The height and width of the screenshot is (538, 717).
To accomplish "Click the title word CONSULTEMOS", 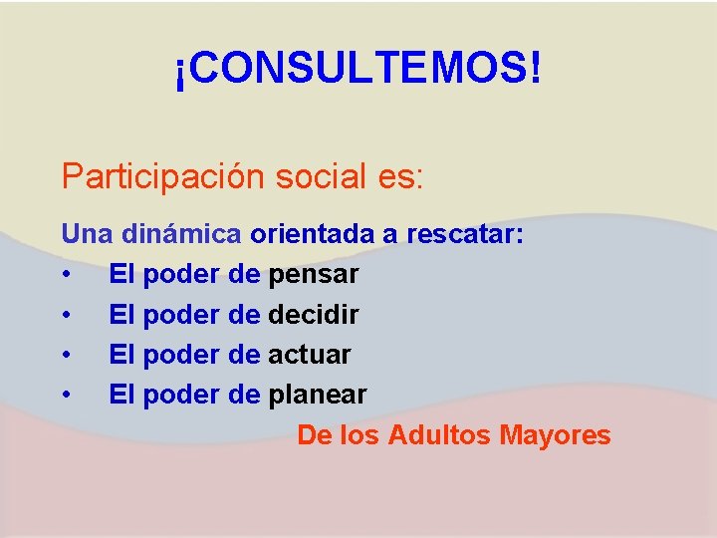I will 358,69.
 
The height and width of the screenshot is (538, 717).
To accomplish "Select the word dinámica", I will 181,235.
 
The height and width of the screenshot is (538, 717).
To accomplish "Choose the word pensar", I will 314,274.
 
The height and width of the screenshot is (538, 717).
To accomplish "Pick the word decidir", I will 314,315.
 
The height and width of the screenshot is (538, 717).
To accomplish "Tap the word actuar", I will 310,355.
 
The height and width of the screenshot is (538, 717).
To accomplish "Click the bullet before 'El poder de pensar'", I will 66,275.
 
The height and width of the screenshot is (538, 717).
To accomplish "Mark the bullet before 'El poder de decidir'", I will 66,316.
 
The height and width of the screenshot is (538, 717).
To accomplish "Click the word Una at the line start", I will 87,235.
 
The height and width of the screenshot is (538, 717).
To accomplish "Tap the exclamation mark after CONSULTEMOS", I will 537,69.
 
